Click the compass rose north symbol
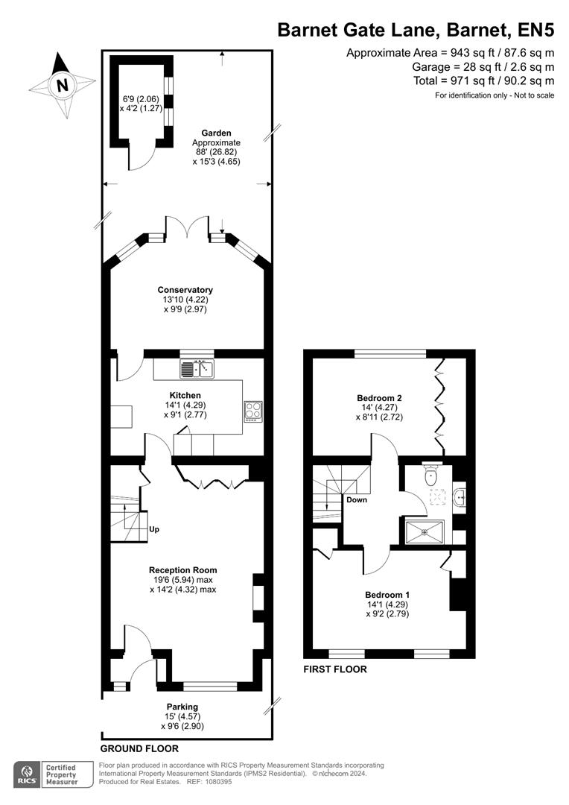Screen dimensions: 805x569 click(63, 84)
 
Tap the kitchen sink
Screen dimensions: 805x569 click(197, 368)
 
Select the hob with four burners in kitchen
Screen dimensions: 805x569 click(253, 411)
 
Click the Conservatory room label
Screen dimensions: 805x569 click(185, 290)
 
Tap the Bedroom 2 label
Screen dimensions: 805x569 click(379, 398)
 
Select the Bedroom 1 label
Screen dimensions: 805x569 click(387, 594)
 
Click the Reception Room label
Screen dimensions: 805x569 click(182, 570)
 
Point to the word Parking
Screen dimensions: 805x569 click(182, 707)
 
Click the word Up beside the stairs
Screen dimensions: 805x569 click(155, 530)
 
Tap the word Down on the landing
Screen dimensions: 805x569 click(357, 500)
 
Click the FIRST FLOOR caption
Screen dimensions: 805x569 click(335, 669)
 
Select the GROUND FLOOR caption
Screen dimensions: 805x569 click(139, 748)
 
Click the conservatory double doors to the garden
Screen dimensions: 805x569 click(186, 227)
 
